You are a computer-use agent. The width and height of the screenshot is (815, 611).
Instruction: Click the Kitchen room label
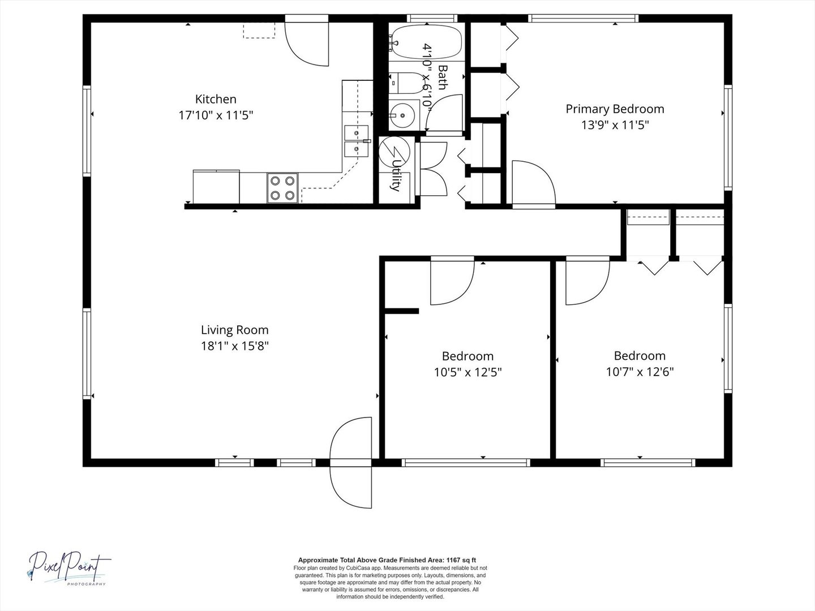(x=216, y=99)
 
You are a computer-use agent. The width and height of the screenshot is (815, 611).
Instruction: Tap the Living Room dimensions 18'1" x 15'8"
(x=235, y=346)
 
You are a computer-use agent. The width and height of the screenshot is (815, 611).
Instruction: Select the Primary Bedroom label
(x=615, y=109)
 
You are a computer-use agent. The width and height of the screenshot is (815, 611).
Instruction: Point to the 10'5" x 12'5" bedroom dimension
(x=468, y=372)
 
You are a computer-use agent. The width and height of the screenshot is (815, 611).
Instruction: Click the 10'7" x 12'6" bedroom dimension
(x=640, y=372)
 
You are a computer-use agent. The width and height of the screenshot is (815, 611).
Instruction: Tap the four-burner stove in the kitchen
(x=282, y=188)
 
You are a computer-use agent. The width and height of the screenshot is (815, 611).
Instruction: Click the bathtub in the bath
(x=427, y=42)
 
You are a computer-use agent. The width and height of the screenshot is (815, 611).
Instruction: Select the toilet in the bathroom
(x=407, y=83)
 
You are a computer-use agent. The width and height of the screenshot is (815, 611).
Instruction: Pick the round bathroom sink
(x=402, y=115)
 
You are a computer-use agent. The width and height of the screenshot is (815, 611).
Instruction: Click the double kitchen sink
(x=356, y=141)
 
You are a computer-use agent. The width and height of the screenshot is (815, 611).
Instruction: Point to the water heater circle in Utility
(x=394, y=152)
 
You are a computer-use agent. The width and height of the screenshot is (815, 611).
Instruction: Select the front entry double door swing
(x=350, y=463)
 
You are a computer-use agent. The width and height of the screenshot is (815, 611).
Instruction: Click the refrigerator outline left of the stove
(x=216, y=187)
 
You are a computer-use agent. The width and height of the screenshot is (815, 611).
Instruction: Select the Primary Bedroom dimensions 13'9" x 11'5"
(x=615, y=125)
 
